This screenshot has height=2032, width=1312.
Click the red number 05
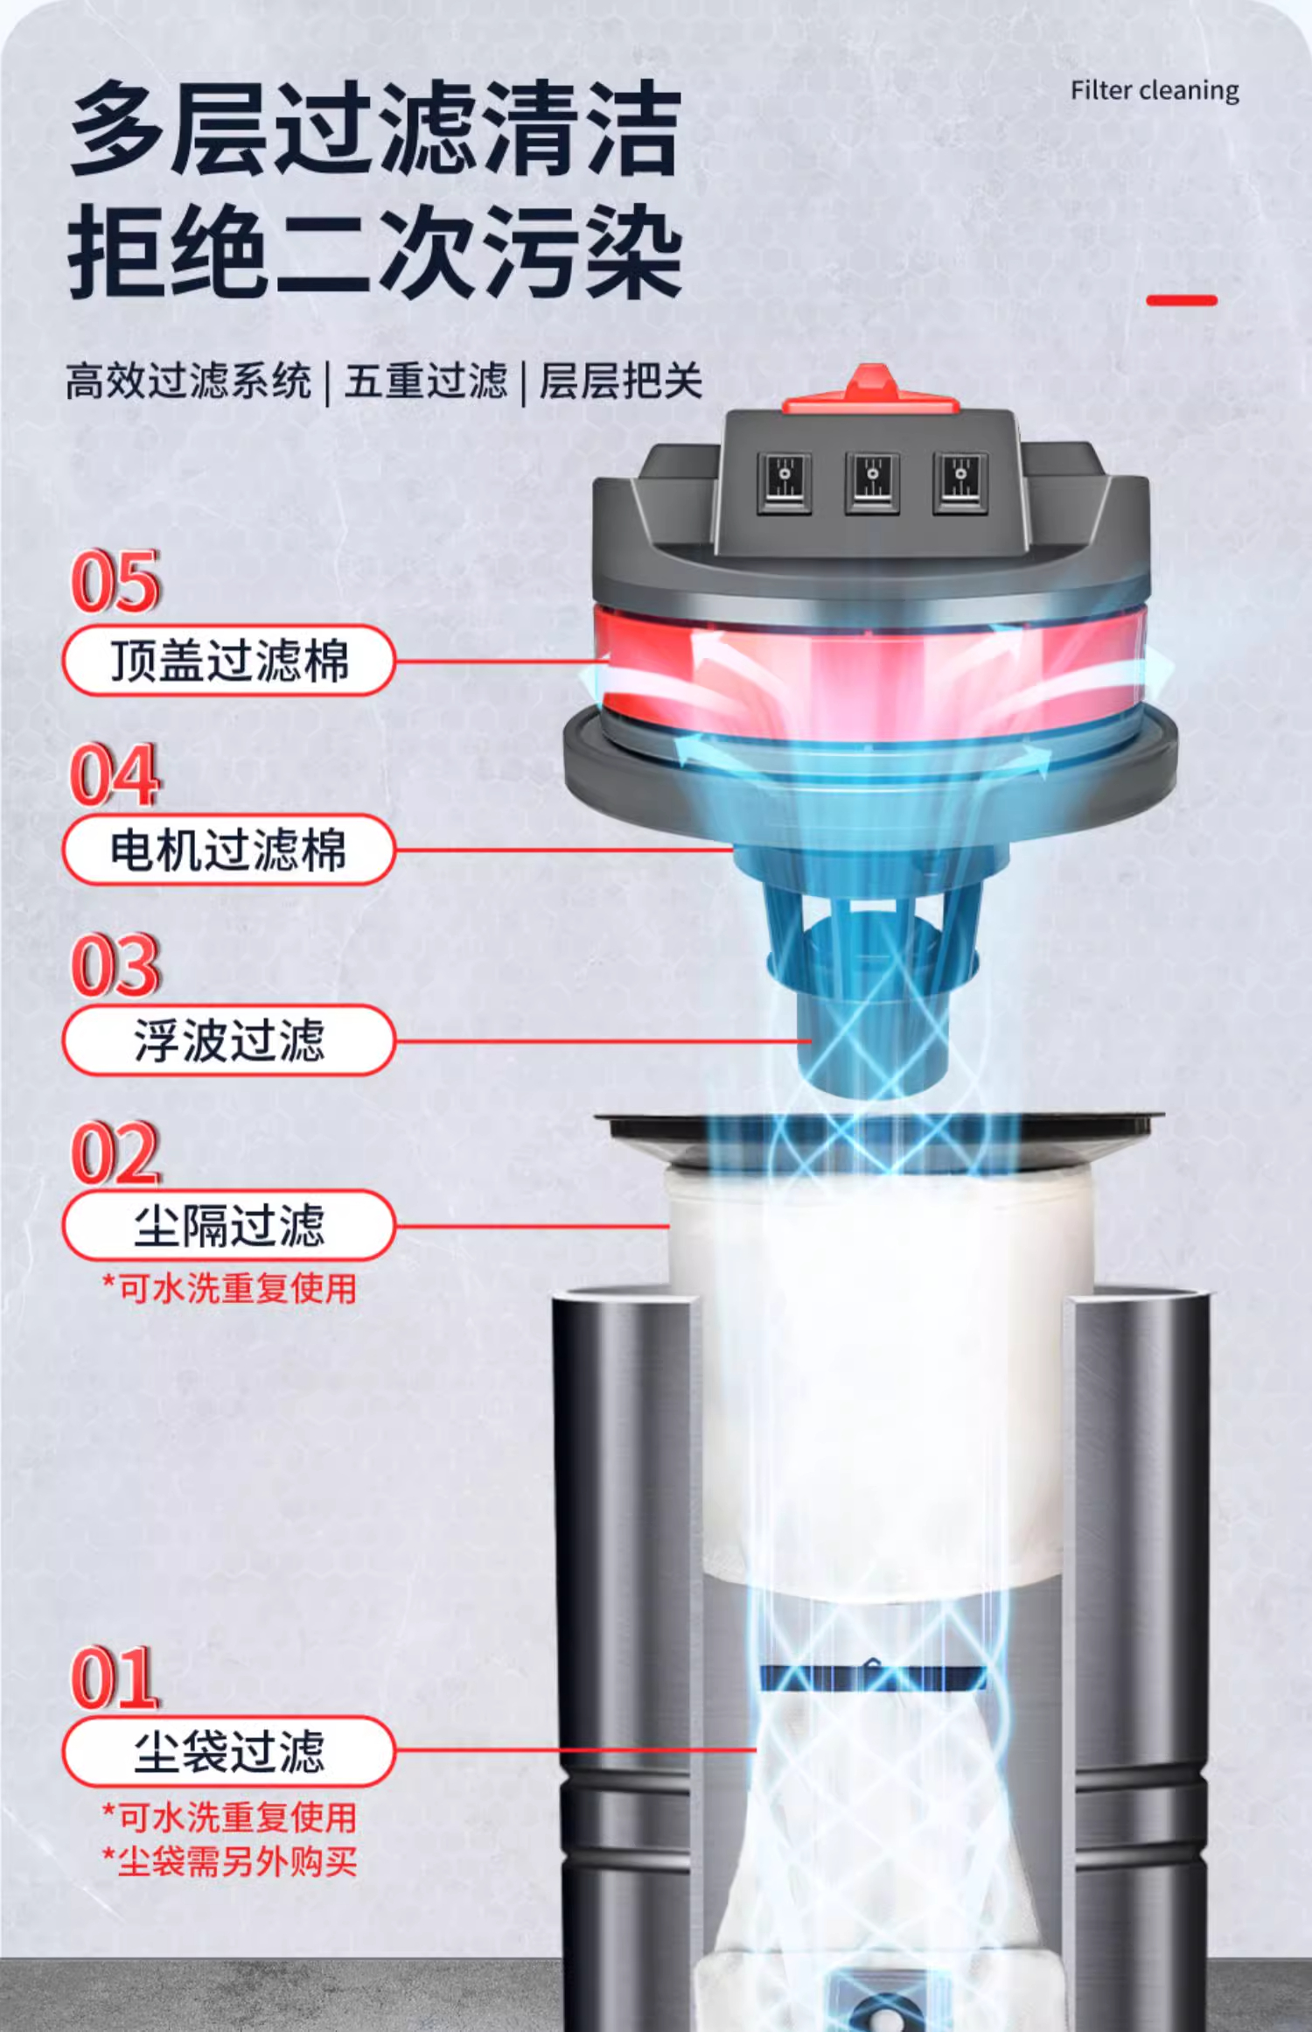pos(115,582)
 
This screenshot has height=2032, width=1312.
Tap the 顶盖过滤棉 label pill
pos(229,661)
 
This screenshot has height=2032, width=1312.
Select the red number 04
pos(115,774)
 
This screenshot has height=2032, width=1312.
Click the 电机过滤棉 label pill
pos(229,850)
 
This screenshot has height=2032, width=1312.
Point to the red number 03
pos(115,965)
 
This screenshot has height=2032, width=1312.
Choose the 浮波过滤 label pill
pos(229,1041)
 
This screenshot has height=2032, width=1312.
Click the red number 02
pos(115,1153)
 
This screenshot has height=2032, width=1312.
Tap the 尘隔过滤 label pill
pos(229,1226)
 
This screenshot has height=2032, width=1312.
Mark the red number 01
pos(115,1678)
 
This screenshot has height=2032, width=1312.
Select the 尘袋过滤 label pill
pos(229,1752)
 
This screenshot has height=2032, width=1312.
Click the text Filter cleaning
pos(1155,91)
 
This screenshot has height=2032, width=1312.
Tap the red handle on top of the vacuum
pos(871,390)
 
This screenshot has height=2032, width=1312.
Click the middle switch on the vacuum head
pos(872,482)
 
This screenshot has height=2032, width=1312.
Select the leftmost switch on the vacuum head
pos(784,482)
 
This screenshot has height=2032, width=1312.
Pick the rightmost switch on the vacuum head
pos(960,482)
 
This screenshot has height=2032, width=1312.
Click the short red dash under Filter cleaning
pos(1182,300)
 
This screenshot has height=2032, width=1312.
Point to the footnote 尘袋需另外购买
pos(229,1862)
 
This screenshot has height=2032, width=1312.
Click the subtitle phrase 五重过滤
pos(426,382)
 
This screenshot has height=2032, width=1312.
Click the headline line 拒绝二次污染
pos(374,252)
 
